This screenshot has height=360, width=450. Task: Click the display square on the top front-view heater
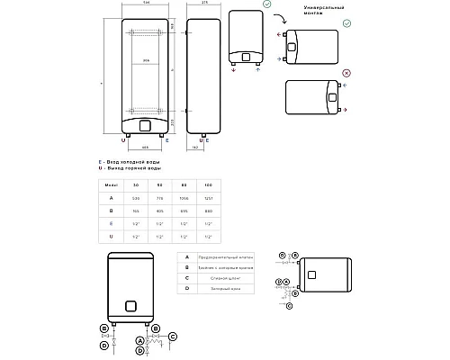pyautogui.click(x=145, y=123)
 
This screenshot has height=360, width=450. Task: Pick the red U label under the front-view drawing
pyautogui.click(x=123, y=139)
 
